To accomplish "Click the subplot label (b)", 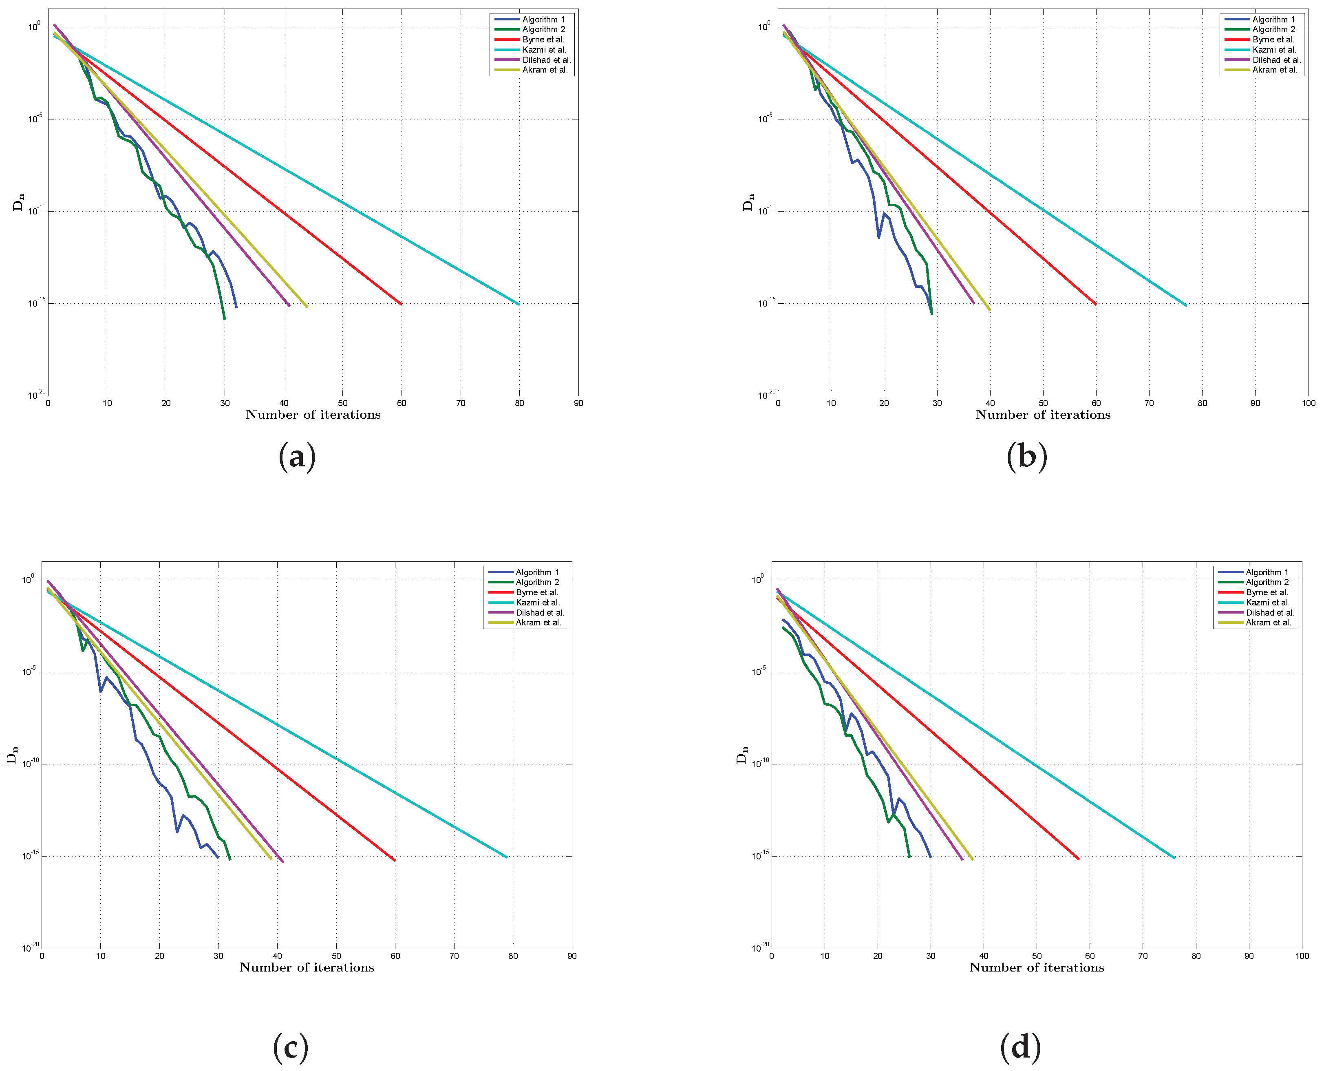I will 1026,457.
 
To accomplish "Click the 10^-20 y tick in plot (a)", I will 36,394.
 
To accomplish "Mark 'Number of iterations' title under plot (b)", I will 1043,415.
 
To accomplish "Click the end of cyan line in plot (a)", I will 519,304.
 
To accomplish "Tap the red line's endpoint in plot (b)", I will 1096,304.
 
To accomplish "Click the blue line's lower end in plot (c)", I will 218,857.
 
